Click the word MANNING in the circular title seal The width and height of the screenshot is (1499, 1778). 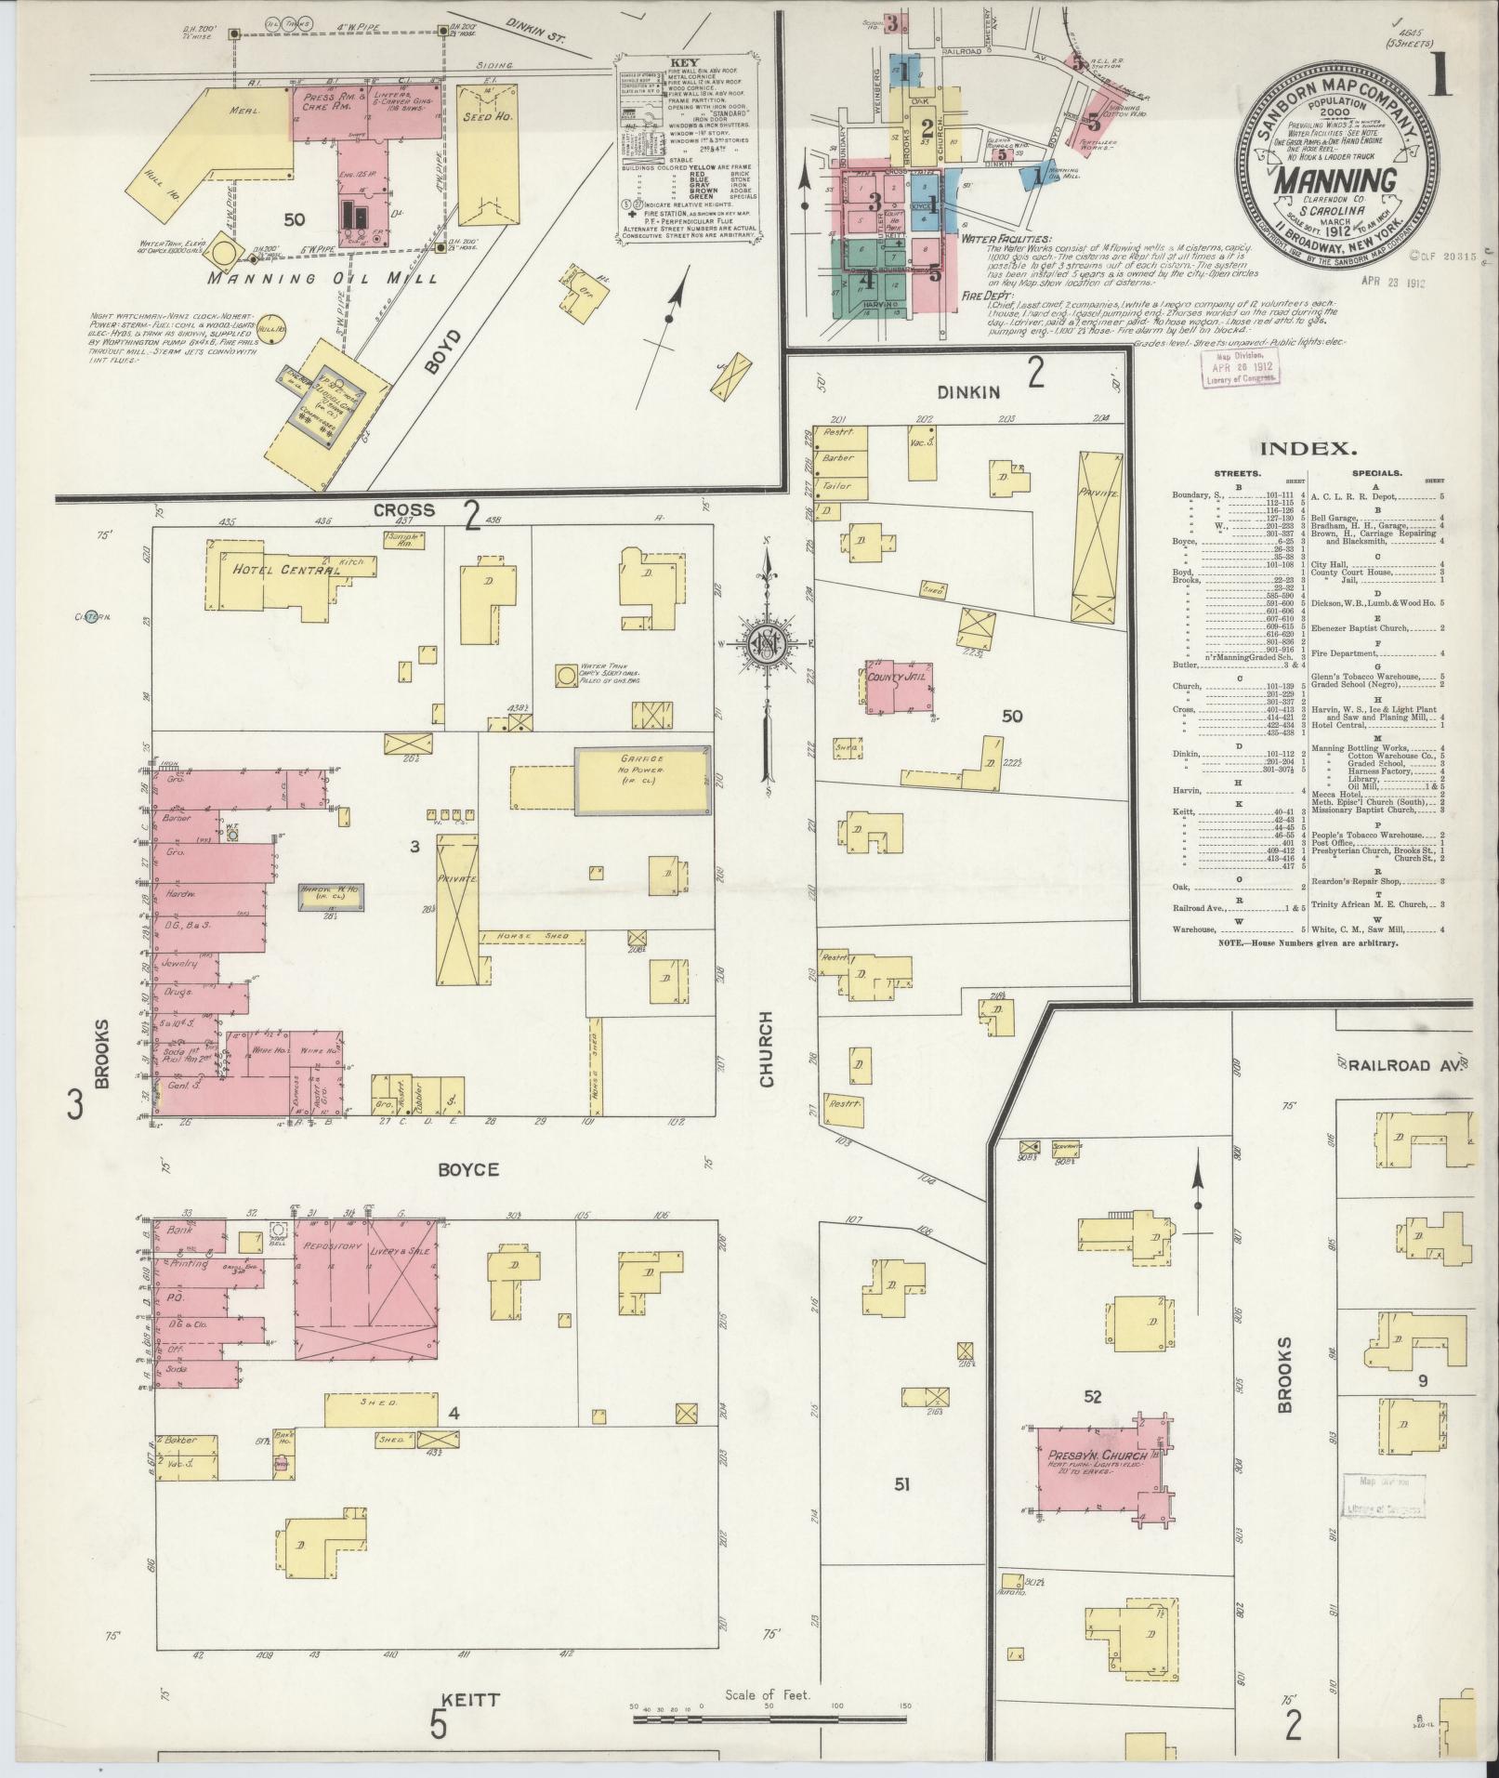[1335, 180]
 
